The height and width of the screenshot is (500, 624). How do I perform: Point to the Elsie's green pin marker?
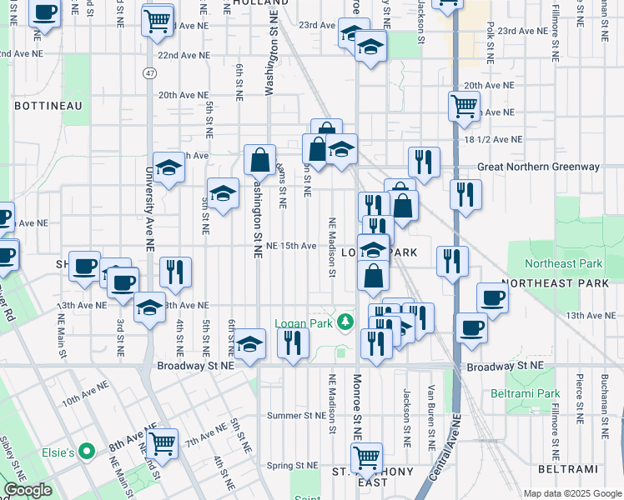(84, 452)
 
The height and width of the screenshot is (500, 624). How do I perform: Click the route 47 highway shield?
(148, 73)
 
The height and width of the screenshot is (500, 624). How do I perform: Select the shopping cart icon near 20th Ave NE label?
(463, 105)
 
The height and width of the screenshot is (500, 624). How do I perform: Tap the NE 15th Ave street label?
(291, 246)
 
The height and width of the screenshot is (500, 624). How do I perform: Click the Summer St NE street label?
(296, 415)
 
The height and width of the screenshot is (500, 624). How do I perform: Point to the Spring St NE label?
(293, 466)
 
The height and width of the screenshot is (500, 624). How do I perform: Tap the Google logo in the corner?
(28, 491)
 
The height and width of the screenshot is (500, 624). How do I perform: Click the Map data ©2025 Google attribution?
(571, 493)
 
